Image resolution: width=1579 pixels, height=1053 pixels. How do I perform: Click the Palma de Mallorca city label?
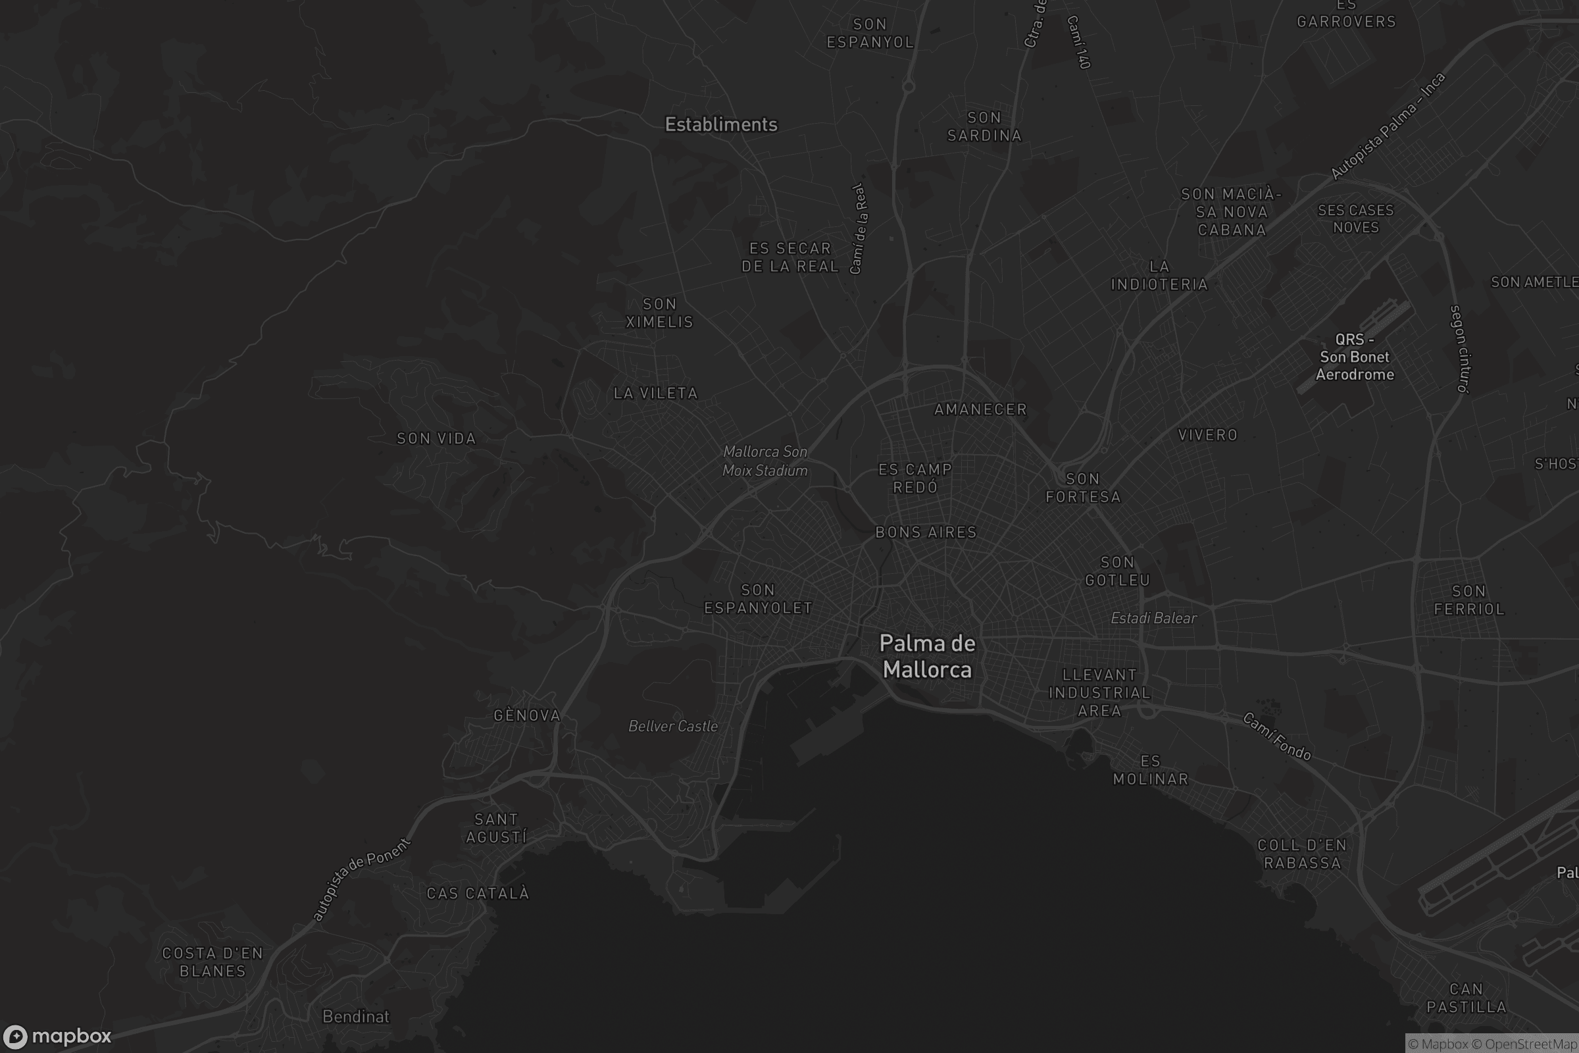pos(926,656)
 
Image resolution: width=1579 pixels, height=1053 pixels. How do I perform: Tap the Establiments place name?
pos(721,124)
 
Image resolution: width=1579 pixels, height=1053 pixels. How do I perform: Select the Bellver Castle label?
pos(672,726)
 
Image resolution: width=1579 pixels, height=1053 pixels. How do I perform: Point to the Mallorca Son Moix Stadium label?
pos(764,461)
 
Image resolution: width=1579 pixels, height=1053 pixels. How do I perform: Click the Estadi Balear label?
pos(1153,618)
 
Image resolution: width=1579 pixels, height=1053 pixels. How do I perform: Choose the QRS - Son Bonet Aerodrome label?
pos(1354,357)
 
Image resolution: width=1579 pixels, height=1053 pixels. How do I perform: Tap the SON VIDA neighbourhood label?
pos(436,438)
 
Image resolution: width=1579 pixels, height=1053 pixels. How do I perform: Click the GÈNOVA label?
pos(527,715)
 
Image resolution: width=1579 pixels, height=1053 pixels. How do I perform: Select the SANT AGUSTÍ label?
pos(496,828)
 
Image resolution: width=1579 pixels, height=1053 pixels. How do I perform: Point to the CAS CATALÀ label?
pos(478,893)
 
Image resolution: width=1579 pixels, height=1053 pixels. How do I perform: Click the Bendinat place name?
pos(356,1016)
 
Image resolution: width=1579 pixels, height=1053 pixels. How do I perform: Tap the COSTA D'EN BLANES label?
pos(213,962)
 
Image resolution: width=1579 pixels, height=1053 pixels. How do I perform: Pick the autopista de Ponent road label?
pos(361,880)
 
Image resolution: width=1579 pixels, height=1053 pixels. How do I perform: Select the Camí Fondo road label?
pos(1276,736)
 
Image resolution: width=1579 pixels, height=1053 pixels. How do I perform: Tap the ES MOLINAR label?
pos(1151,769)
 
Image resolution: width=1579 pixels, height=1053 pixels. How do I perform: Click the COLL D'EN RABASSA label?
pos(1303,854)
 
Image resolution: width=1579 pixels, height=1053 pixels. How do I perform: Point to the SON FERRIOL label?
pos(1469,600)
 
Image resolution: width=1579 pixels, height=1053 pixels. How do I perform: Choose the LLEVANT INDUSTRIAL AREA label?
pos(1099,692)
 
